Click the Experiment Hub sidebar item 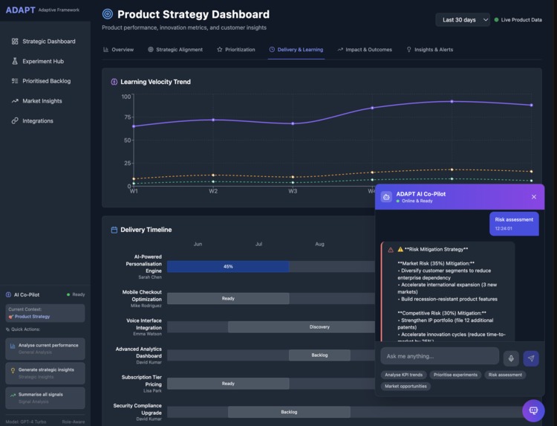point(42,61)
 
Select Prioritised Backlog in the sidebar point(46,81)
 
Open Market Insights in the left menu point(42,101)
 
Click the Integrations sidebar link point(37,120)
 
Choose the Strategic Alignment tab point(175,50)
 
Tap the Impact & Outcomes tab point(365,50)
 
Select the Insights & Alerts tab point(429,50)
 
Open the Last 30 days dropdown point(463,20)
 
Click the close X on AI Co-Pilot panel point(533,197)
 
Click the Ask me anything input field point(439,356)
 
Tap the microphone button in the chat point(511,358)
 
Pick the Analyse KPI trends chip point(404,375)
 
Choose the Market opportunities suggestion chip point(405,387)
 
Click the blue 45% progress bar point(228,266)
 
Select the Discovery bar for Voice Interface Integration point(319,327)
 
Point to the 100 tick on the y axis point(126,97)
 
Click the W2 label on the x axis point(213,191)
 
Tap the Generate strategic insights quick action point(45,372)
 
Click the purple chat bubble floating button point(532,410)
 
